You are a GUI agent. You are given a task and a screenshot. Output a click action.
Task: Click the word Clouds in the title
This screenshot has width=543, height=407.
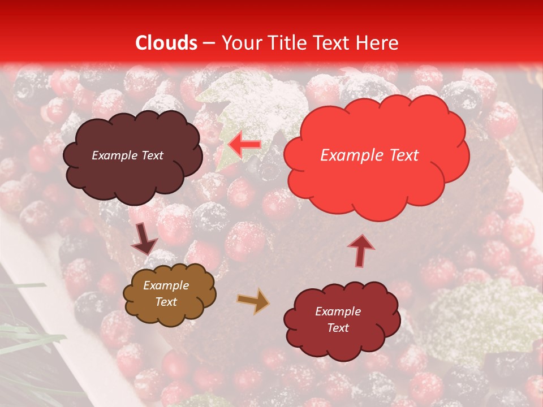click(x=166, y=43)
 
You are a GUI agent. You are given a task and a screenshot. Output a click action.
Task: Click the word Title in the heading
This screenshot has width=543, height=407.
click(x=287, y=43)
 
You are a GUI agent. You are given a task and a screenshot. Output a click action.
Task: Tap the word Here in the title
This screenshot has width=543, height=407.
click(x=377, y=43)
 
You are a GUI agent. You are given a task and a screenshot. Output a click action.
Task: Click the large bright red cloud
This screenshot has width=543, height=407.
click(x=376, y=181)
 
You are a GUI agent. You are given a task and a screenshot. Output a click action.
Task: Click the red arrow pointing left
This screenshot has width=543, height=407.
click(x=244, y=145)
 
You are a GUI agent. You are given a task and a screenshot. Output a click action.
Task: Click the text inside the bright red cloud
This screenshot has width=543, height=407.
click(x=369, y=155)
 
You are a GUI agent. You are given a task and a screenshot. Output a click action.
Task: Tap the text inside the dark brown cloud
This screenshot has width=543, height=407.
click(x=127, y=155)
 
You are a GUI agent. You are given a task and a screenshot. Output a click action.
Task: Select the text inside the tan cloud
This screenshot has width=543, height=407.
click(x=166, y=293)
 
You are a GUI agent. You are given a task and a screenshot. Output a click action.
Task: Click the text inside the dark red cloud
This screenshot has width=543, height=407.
click(x=338, y=319)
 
